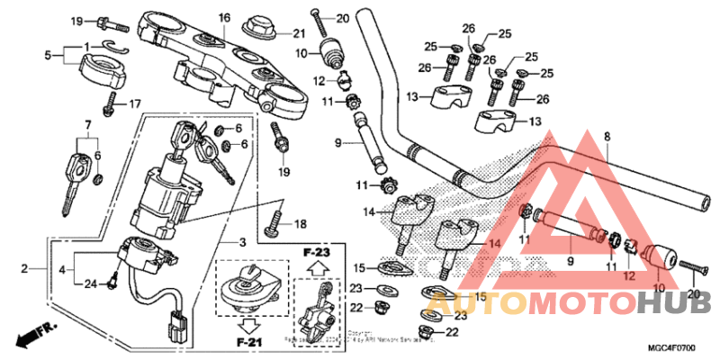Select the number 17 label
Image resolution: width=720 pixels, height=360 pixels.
tap(135, 103)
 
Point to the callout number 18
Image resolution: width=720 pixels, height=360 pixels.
tap(300, 224)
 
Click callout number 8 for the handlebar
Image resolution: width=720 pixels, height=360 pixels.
tap(607, 137)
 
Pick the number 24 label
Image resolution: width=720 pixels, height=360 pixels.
tap(89, 285)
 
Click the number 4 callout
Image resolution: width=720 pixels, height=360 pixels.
tap(62, 268)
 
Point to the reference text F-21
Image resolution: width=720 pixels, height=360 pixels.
tap(247, 343)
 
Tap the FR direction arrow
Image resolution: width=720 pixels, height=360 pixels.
tap(34, 335)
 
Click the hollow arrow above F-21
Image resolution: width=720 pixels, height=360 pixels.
tap(247, 322)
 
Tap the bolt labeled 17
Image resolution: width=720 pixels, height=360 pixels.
tap(112, 102)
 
